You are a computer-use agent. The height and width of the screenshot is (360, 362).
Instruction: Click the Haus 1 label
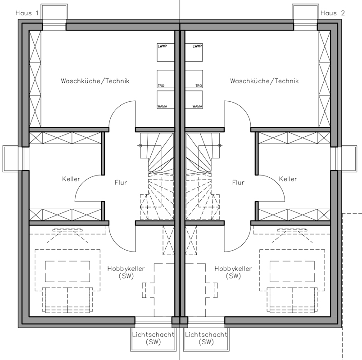(x=27, y=13)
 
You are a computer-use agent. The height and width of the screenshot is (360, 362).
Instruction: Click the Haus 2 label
(x=332, y=13)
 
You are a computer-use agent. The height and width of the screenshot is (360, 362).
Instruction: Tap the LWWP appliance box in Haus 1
(x=166, y=52)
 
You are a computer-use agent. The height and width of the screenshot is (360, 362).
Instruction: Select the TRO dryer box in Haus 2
(x=194, y=79)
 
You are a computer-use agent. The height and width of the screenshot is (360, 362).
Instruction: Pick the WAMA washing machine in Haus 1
(x=166, y=100)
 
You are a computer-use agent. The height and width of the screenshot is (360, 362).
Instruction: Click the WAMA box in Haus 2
(x=194, y=100)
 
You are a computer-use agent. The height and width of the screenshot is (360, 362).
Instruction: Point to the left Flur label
(x=121, y=183)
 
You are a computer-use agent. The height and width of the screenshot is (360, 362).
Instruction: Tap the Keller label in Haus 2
(x=288, y=179)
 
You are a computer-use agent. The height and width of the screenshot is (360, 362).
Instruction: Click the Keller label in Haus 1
(x=71, y=179)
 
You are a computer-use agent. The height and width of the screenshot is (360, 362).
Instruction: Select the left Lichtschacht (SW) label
(x=153, y=338)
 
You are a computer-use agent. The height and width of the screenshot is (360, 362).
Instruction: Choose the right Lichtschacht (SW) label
(x=206, y=338)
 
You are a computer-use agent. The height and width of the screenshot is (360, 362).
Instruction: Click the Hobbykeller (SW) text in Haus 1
(x=126, y=272)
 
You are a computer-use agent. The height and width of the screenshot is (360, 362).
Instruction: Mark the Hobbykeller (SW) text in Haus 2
(x=233, y=272)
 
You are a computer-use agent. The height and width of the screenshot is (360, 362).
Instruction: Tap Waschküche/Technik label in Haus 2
(x=264, y=81)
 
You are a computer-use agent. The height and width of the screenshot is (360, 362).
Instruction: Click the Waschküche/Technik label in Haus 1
(x=95, y=81)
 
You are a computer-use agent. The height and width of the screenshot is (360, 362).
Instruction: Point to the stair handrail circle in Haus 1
(x=140, y=145)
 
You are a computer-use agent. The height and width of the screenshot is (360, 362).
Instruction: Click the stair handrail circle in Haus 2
(x=220, y=145)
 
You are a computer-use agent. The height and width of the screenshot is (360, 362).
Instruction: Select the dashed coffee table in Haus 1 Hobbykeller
(x=68, y=271)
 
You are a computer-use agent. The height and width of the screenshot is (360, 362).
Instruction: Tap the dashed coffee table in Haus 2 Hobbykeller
(x=292, y=271)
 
